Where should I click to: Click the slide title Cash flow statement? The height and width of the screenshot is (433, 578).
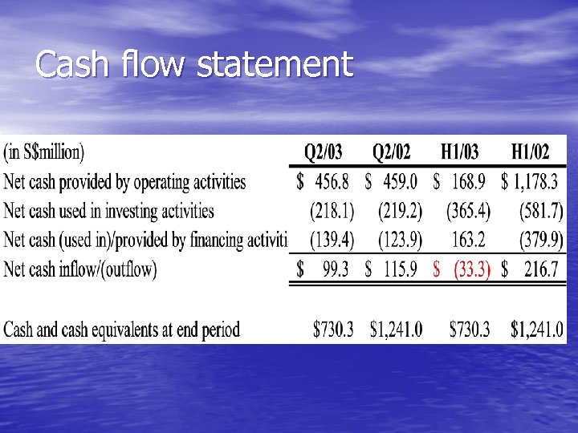[194, 65]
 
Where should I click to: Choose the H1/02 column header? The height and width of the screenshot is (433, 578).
[531, 152]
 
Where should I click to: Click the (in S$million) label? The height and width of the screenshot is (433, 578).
[44, 151]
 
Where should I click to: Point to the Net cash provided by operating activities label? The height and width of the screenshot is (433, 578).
[125, 182]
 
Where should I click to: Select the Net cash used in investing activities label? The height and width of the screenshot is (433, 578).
[109, 211]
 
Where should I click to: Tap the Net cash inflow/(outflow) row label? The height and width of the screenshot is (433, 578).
[80, 269]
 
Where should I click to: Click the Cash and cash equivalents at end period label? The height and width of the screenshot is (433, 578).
[122, 329]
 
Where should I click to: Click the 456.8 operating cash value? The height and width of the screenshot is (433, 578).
[332, 182]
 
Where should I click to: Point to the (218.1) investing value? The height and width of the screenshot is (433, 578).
[332, 211]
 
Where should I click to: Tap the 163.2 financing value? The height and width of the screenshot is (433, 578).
[471, 240]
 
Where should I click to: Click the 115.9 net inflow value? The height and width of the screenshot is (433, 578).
[400, 269]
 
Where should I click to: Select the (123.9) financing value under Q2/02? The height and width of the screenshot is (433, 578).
[400, 240]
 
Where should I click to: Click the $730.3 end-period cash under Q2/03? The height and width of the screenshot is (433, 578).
[333, 329]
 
